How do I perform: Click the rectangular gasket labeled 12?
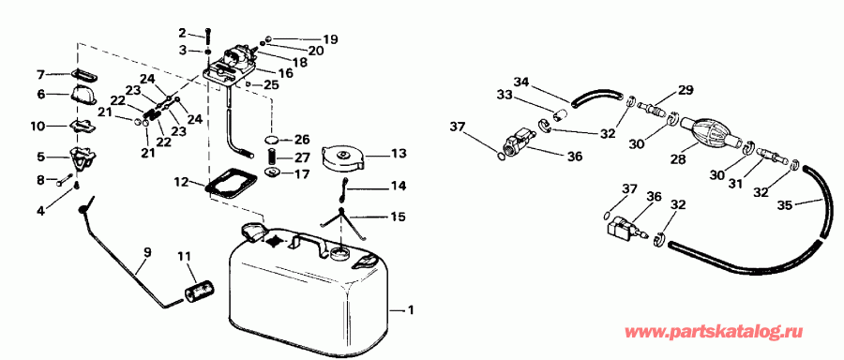231,185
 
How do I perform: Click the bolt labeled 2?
207,36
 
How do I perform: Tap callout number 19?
330,39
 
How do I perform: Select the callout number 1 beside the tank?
412,310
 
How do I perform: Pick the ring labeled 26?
274,140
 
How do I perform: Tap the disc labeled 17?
272,173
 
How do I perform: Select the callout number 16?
286,73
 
